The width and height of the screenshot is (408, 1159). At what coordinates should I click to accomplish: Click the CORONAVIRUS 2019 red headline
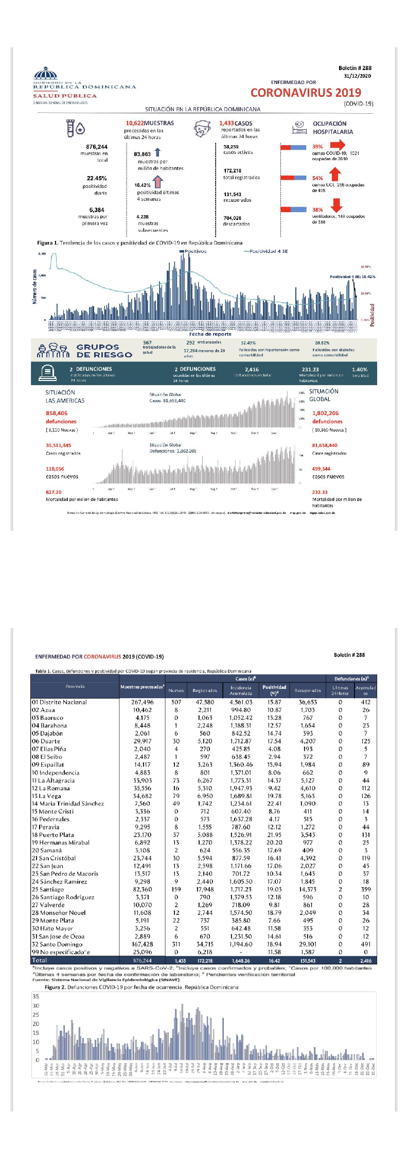(306, 93)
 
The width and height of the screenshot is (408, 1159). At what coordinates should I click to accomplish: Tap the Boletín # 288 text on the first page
(354, 68)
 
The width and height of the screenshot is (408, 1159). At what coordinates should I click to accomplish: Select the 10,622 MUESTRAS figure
(150, 123)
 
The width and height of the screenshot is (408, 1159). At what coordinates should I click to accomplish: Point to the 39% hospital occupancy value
(317, 147)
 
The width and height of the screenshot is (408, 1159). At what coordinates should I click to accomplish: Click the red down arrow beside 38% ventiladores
(336, 205)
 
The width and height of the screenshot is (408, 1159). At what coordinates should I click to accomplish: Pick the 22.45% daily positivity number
(97, 178)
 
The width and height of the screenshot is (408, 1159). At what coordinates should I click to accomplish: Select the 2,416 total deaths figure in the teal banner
(252, 369)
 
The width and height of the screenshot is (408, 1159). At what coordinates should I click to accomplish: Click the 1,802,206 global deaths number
(325, 413)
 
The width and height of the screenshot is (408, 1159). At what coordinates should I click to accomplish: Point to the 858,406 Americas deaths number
(57, 413)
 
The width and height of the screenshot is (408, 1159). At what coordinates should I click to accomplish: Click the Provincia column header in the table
(75, 686)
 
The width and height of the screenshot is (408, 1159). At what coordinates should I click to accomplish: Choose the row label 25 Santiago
(48, 889)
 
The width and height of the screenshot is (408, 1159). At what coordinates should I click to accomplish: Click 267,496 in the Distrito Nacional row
(142, 702)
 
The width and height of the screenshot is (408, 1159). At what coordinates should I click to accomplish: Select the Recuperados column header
(308, 690)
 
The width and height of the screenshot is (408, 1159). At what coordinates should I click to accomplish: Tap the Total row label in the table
(39, 960)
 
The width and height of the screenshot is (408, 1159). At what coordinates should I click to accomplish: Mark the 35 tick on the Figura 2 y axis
(36, 996)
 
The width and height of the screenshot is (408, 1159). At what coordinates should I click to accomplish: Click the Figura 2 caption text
(141, 987)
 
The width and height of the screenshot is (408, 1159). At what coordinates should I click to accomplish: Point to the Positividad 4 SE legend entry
(266, 251)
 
